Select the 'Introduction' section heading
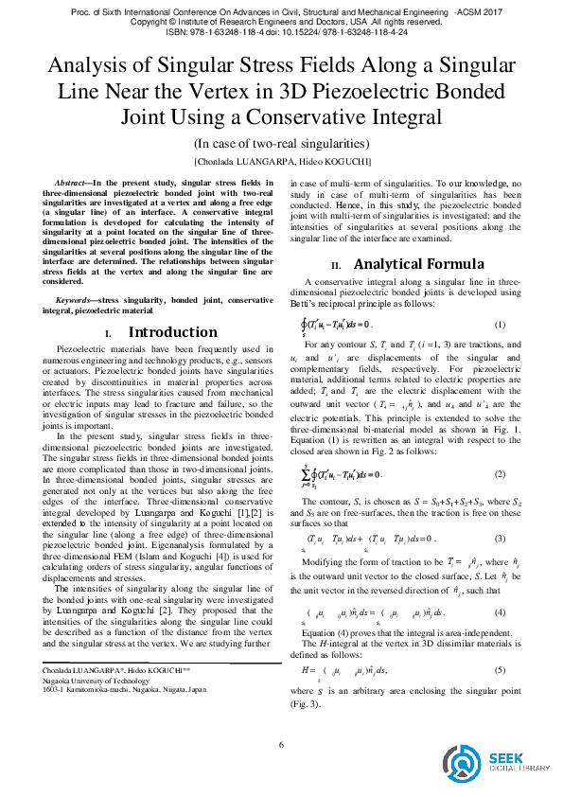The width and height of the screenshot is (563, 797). click(x=173, y=332)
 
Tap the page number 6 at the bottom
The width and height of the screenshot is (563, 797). click(x=281, y=744)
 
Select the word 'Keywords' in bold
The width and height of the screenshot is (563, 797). click(x=76, y=301)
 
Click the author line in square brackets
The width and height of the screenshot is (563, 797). click(x=281, y=162)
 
